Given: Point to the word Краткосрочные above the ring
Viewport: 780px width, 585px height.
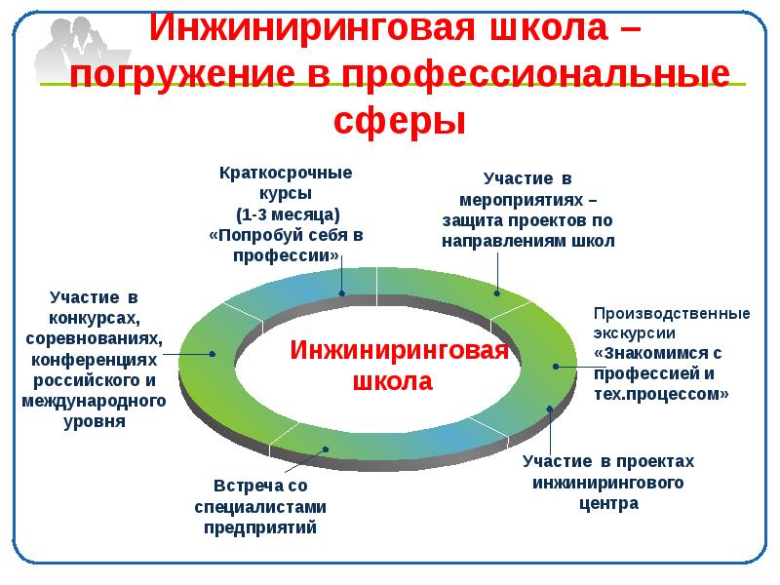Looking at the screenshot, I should tap(285, 173).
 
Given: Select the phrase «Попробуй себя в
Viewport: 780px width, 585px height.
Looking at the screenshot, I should tap(286, 235).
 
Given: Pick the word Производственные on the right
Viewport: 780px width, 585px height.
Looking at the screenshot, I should tap(672, 314).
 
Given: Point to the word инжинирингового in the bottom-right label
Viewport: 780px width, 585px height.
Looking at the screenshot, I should tap(606, 483).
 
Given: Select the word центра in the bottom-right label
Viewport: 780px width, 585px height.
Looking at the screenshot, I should tap(606, 503).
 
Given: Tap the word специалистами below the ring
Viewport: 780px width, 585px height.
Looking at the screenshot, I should tap(260, 507).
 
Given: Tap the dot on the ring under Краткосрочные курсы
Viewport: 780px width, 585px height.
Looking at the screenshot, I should tap(342, 292).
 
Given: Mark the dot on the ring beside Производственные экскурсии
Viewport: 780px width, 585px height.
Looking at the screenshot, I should tap(555, 367).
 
